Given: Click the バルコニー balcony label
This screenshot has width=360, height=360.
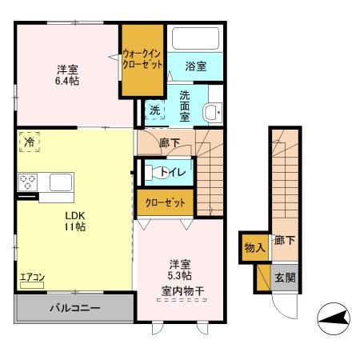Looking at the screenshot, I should [x=73, y=308].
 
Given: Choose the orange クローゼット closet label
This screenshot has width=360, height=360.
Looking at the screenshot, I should [x=166, y=203].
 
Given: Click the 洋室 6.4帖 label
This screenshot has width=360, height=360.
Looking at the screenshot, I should [x=66, y=74].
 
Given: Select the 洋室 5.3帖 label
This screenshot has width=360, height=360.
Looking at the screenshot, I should [x=178, y=271].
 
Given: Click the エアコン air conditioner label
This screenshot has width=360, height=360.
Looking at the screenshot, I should [x=33, y=279].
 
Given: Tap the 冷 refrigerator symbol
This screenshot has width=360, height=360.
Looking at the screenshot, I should [x=28, y=141].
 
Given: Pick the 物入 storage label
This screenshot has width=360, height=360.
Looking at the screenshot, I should [x=254, y=247].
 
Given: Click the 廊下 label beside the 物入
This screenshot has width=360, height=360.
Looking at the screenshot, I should [x=283, y=240].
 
